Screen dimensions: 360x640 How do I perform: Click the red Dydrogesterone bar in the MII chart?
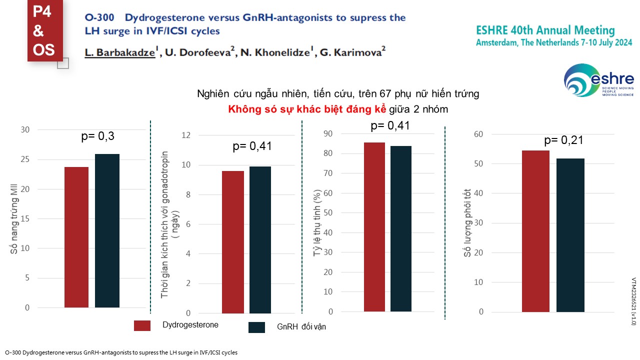click(76, 237)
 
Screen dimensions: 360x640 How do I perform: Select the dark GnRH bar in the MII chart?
click(107, 230)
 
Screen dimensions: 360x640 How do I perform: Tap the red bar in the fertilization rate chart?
click(374, 227)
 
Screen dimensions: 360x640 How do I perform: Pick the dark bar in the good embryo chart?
click(570, 235)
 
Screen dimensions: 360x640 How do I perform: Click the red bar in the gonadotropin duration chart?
click(233, 242)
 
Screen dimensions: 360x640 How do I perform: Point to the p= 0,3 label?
click(101, 135)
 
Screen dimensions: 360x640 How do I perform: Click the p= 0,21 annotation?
click(563, 140)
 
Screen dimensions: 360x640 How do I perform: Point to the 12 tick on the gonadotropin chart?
click(186, 135)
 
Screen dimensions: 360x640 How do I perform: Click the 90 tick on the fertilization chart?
click(328, 133)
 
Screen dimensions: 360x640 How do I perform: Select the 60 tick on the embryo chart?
click(479, 134)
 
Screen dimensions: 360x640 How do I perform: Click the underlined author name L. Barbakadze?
click(120, 52)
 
